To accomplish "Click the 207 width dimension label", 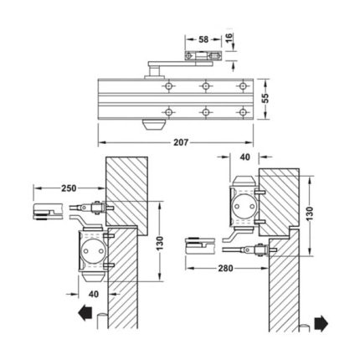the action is point(181,142).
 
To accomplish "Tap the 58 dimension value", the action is point(203,39).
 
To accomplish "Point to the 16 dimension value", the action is point(229,37).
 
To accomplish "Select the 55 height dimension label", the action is point(266,98).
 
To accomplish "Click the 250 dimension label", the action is point(69,188).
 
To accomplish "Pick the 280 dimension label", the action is point(225,268).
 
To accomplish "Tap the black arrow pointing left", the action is point(85,313).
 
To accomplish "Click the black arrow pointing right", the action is point(321,323).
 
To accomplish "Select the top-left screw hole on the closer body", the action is point(168,86).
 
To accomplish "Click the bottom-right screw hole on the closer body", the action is point(243,112).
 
